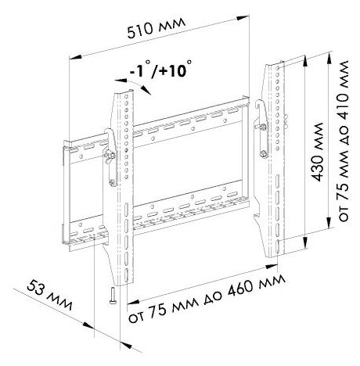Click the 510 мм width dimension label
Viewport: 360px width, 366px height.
click(157, 28)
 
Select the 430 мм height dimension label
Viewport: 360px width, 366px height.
click(318, 152)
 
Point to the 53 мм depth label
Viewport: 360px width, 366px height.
click(49, 296)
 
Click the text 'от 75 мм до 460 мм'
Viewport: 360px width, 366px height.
click(207, 299)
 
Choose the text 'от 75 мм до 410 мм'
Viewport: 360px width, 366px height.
click(344, 141)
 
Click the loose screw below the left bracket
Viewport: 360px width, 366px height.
click(113, 295)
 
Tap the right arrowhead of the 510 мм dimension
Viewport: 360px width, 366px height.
click(243, 18)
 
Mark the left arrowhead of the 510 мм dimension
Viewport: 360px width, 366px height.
click(76, 58)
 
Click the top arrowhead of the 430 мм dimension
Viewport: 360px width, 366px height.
click(304, 60)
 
